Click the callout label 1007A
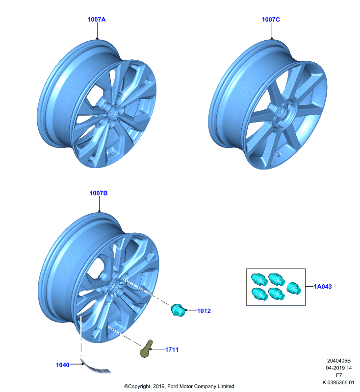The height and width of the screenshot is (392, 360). coord(97,20)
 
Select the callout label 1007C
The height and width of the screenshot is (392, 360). coord(271,20)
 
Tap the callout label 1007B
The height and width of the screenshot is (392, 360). coord(99,193)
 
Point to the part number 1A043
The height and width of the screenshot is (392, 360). coord(323,287)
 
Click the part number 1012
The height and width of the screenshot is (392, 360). coord(204,311)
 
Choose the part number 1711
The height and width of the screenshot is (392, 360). coord(172,350)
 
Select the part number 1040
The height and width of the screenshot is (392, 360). coord(63,365)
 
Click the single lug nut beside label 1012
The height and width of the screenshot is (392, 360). coord(178,310)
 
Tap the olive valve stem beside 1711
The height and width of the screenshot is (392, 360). coord(146,348)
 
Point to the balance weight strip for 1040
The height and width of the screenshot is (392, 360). coord(96,367)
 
